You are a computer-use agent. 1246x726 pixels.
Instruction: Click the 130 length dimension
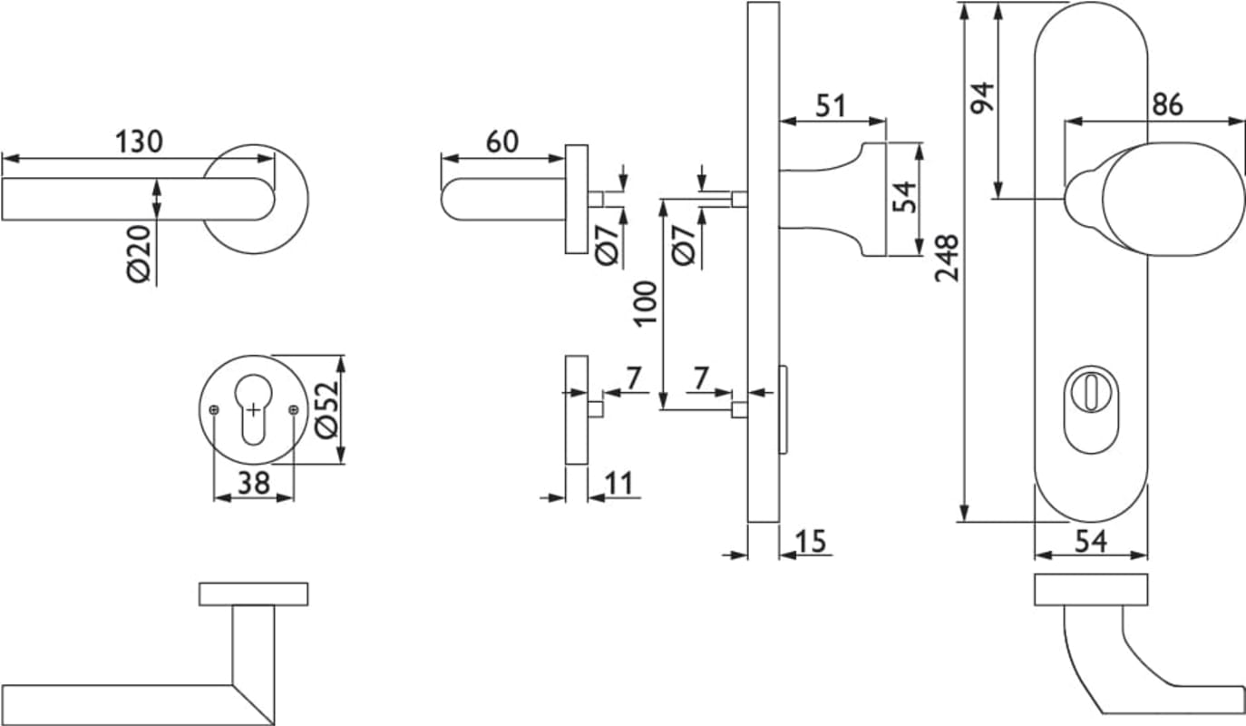click(x=139, y=142)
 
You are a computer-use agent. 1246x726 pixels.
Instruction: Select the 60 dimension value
click(x=501, y=142)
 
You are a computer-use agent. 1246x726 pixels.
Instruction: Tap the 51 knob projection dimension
click(x=830, y=106)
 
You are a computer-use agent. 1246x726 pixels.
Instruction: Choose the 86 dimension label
click(x=1167, y=105)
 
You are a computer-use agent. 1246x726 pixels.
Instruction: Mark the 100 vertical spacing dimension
click(x=644, y=304)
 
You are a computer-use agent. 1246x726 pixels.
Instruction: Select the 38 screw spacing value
click(x=253, y=484)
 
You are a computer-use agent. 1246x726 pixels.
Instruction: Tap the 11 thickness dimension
click(x=619, y=484)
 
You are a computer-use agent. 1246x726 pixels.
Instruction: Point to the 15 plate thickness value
click(x=812, y=542)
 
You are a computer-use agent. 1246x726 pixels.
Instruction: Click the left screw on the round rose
click(x=214, y=410)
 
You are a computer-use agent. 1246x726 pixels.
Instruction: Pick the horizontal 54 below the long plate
click(x=1091, y=542)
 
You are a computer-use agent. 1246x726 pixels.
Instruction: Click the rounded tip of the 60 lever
click(x=451, y=200)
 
